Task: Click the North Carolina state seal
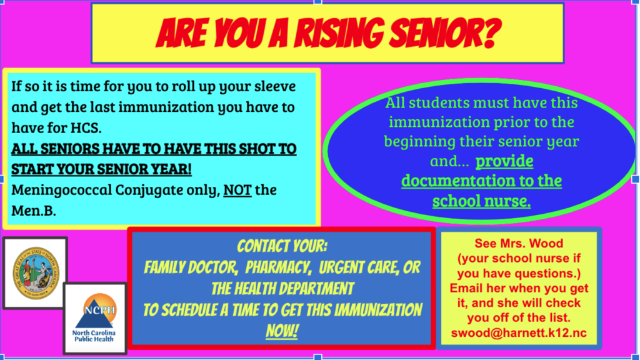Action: [35, 272]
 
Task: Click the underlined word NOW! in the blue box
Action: [282, 331]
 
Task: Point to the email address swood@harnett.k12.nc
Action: [518, 332]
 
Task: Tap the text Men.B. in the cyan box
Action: [34, 211]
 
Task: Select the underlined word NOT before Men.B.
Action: [237, 189]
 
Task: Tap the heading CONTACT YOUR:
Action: [282, 246]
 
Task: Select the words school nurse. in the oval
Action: [481, 201]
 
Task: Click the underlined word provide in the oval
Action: [504, 161]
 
